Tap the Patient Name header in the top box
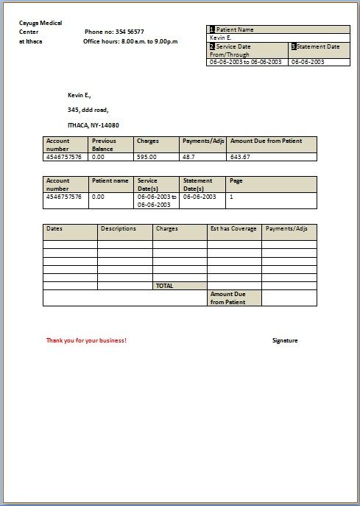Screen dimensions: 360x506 tap(235, 29)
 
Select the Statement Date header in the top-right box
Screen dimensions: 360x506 tap(318, 46)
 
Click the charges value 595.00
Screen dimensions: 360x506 tap(147, 157)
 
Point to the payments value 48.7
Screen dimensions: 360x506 tap(188, 157)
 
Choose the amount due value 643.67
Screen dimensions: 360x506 tap(240, 157)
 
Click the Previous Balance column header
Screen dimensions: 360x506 tap(104, 144)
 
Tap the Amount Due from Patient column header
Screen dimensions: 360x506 tap(266, 141)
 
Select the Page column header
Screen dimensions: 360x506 tap(236, 180)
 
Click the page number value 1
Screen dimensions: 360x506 tap(231, 197)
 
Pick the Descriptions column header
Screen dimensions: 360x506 tap(119, 229)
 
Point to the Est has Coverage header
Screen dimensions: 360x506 tap(233, 229)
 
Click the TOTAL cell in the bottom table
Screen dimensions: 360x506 tap(164, 286)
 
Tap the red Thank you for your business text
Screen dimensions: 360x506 tap(86, 340)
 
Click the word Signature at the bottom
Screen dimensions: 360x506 tap(285, 340)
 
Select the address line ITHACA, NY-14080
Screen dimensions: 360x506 tap(93, 125)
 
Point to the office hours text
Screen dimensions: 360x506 tap(130, 42)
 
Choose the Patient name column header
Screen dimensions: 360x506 tap(110, 180)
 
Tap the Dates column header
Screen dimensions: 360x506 tap(54, 229)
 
